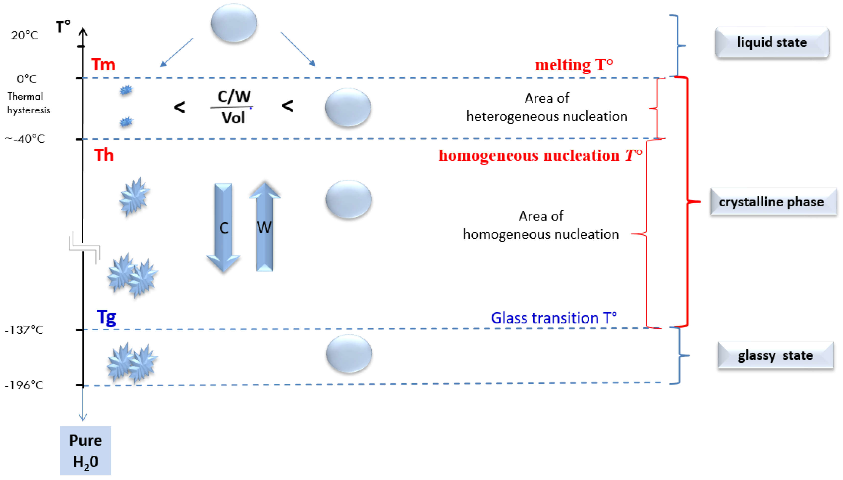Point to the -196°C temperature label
[24, 385]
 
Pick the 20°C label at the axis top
[24, 35]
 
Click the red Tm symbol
[103, 65]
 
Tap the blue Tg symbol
[106, 317]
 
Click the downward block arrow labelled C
[224, 227]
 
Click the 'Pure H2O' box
[85, 451]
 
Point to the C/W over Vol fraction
[233, 107]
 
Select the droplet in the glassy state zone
[349, 353]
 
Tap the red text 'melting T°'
[574, 65]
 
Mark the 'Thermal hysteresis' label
[28, 103]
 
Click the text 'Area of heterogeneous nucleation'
[547, 107]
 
